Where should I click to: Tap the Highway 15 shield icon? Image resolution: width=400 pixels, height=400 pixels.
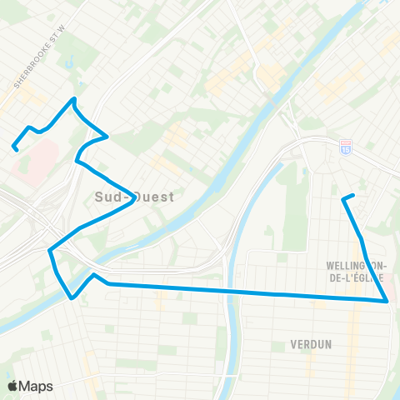click(346, 147)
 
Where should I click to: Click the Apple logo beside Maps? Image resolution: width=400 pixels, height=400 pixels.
click(12, 386)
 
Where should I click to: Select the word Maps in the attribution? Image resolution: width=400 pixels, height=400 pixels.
click(37, 386)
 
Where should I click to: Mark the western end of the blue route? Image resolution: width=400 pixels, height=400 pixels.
click(14, 148)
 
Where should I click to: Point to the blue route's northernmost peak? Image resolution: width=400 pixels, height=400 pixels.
click(74, 99)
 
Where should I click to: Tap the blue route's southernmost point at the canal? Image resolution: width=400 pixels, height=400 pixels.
click(72, 296)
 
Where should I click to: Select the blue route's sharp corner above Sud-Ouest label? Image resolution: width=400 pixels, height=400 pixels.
click(107, 135)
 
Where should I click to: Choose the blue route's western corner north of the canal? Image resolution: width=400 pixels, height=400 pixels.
click(51, 249)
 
